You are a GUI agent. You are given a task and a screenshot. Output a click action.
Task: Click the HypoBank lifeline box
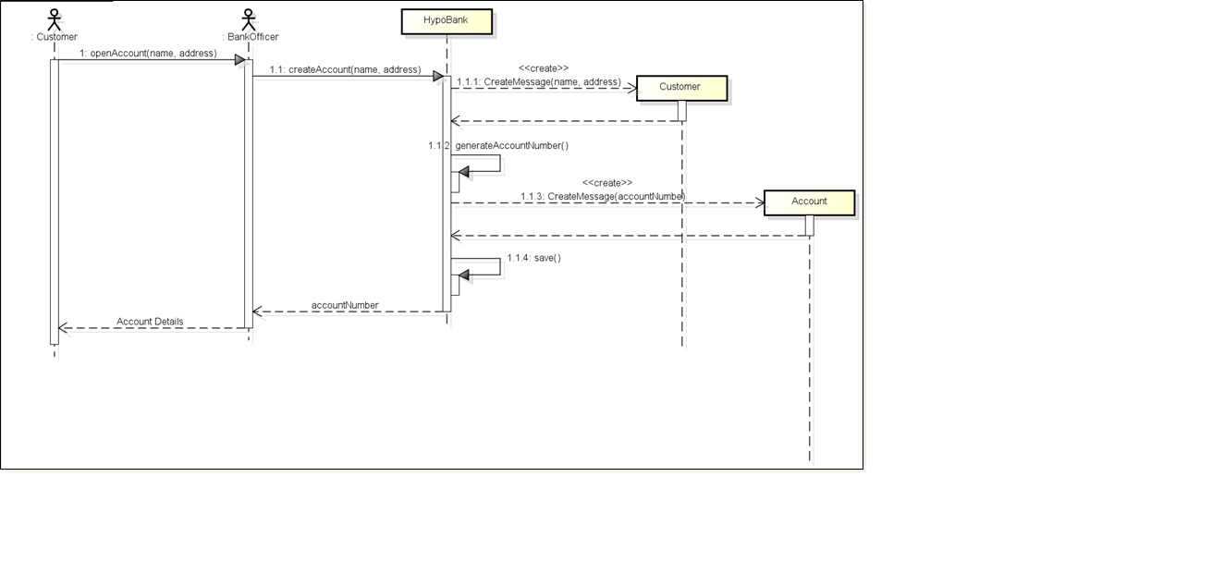447,21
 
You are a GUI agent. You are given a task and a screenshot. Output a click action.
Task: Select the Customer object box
681,87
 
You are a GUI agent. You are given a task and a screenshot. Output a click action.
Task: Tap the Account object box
809,202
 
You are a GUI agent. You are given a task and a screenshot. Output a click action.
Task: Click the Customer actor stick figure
55,19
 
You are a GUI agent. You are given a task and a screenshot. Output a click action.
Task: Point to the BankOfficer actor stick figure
248,19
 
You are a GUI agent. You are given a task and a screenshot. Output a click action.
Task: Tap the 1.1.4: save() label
533,258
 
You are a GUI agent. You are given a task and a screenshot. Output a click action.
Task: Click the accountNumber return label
345,305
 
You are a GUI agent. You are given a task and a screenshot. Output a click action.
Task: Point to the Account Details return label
150,322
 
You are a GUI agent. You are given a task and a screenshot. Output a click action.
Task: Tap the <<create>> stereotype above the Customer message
544,68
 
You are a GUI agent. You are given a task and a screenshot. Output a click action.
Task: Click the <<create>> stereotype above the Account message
607,183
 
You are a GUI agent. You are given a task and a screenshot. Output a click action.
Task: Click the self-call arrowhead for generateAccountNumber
464,171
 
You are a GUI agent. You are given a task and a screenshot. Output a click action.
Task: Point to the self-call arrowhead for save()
464,275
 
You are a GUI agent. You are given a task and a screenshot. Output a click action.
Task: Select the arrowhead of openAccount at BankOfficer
239,60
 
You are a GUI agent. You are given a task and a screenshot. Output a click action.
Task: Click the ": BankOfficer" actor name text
251,37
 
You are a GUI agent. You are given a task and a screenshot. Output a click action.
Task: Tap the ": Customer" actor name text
55,37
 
